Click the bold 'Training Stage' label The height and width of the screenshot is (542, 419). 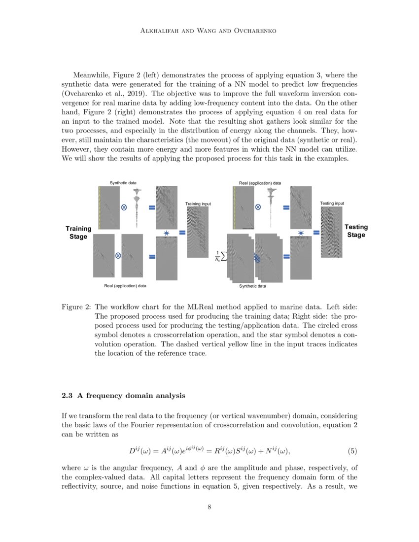(x=78, y=233)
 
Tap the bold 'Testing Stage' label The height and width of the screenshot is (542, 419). (x=356, y=231)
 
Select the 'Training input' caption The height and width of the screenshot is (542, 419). (x=198, y=203)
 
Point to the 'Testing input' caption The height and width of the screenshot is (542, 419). (x=332, y=203)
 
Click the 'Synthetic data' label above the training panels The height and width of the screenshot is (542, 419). (x=123, y=183)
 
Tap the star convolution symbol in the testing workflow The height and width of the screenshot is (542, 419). (x=301, y=233)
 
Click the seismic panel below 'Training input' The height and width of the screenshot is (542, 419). (x=198, y=232)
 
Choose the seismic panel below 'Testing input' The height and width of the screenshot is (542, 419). (x=331, y=232)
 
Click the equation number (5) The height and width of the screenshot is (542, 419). (x=352, y=451)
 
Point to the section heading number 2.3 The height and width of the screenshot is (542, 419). (x=67, y=395)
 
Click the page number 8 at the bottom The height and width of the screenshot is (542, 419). (x=209, y=508)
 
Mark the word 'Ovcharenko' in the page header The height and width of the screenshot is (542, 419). (x=253, y=31)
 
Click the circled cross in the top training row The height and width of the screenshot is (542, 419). (x=124, y=207)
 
